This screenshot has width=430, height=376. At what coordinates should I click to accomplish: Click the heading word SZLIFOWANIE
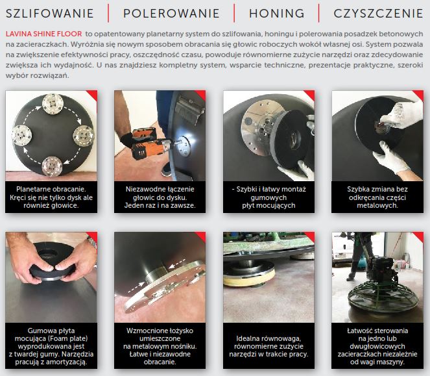point(50,14)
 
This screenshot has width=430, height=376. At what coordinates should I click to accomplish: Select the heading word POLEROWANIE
point(171,14)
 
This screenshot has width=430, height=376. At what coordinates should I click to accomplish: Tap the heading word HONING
point(277,14)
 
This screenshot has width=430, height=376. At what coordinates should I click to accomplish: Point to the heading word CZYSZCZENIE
point(379,14)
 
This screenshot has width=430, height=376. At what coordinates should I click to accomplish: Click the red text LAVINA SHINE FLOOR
point(44,34)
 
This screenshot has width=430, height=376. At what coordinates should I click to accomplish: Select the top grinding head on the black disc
point(53,104)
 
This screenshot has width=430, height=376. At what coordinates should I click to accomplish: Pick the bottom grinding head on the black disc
point(52,166)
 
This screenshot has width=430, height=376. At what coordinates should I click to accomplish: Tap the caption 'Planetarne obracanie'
point(51,189)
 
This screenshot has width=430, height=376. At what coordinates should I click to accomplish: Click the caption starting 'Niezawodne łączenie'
point(160,197)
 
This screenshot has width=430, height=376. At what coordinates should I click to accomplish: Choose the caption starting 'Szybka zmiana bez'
point(377,197)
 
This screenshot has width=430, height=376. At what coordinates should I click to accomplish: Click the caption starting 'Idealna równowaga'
point(269,346)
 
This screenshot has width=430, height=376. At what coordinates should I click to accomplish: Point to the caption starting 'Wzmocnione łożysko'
point(160,346)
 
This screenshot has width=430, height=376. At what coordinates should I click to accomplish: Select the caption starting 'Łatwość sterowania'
point(377,346)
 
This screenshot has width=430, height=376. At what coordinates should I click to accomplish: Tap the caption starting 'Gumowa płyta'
point(51,346)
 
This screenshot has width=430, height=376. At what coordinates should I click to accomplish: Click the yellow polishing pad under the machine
point(249,279)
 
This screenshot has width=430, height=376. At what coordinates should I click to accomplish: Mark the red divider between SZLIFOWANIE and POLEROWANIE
point(108,13)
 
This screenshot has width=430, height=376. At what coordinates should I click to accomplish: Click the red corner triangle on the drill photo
point(201,95)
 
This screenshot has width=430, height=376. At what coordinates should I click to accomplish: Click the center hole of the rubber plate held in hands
point(49,253)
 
